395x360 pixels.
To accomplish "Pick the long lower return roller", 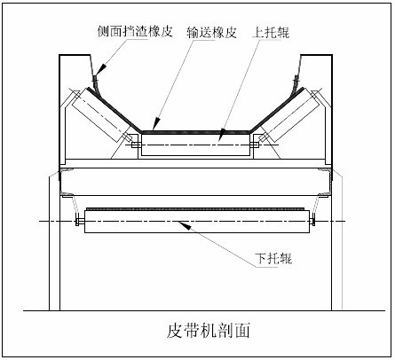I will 197,221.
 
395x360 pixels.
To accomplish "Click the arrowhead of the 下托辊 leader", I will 183,223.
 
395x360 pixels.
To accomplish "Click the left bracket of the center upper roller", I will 136,145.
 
